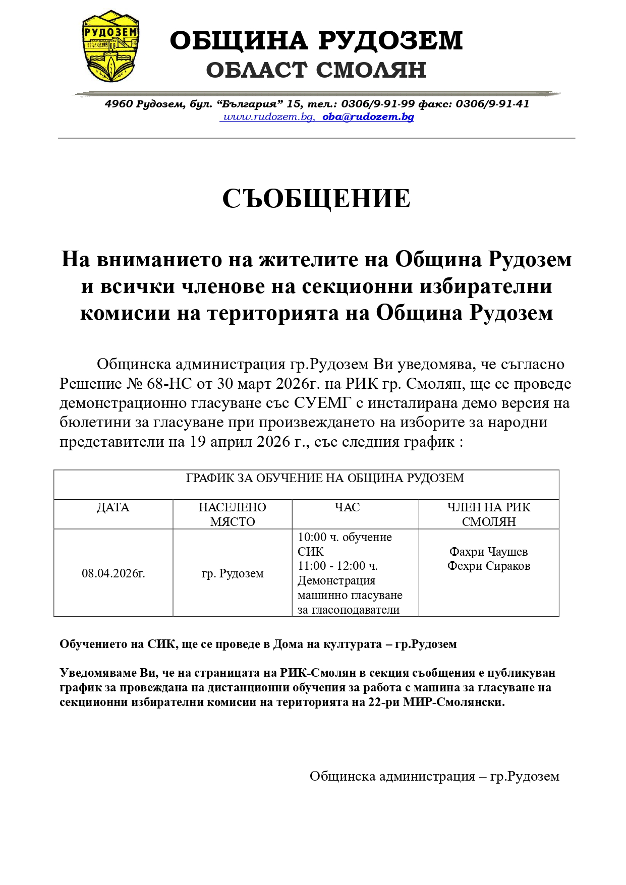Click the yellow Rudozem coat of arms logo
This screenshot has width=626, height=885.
click(x=111, y=47)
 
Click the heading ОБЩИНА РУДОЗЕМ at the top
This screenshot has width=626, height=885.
click(x=316, y=41)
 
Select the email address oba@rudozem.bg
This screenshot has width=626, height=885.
click(x=368, y=117)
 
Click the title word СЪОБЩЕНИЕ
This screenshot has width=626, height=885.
click(x=316, y=199)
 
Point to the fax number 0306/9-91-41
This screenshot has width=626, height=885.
click(x=492, y=104)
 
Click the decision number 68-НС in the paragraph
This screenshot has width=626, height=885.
click(x=169, y=384)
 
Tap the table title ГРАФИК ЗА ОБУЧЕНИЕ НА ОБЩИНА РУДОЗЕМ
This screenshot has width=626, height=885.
click(x=325, y=478)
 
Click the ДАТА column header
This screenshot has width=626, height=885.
click(x=113, y=507)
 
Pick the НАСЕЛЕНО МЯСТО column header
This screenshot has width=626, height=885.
click(x=233, y=514)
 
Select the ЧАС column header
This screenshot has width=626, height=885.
click(x=347, y=507)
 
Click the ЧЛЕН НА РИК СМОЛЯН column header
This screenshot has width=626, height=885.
click(x=489, y=514)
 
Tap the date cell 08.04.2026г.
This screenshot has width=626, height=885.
click(x=113, y=573)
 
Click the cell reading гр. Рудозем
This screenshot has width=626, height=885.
click(x=233, y=573)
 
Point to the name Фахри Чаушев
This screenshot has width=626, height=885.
click(x=489, y=552)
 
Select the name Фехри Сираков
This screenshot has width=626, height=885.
click(x=489, y=566)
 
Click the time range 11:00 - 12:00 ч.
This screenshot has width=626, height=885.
click(x=337, y=566)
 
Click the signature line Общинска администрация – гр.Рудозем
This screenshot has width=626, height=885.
click(x=434, y=776)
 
